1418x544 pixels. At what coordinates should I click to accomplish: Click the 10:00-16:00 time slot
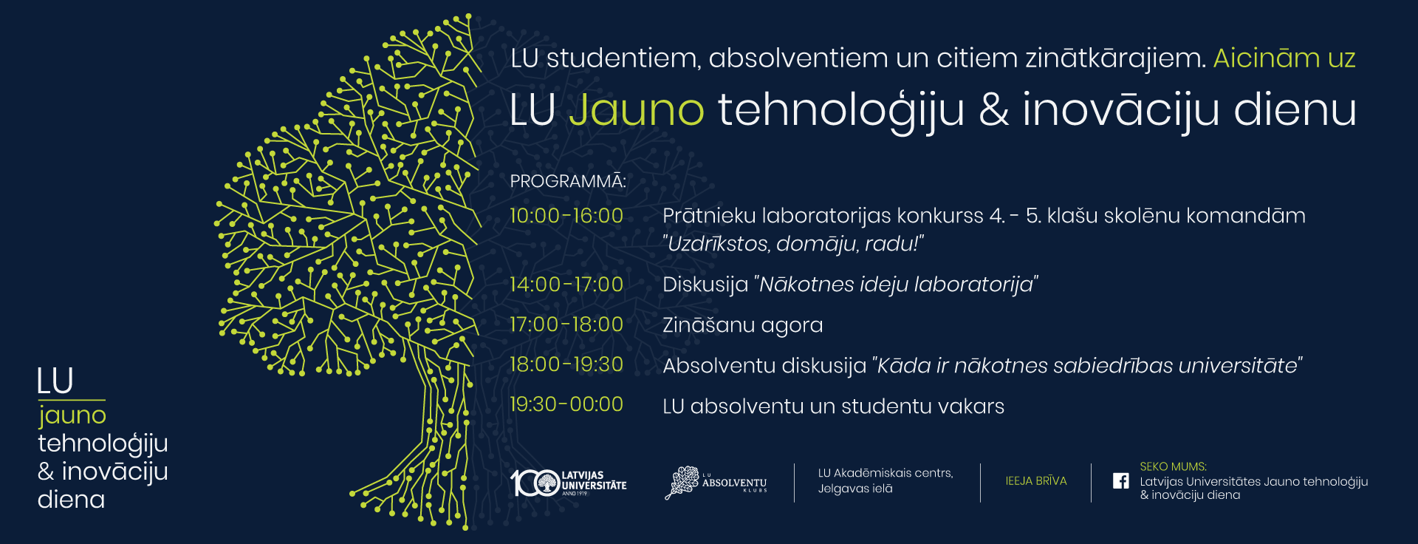click(566, 216)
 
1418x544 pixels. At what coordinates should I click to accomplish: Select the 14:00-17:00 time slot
click(566, 285)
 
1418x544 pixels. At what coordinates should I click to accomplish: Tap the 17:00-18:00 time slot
click(566, 324)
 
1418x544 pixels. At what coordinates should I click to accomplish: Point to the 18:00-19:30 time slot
click(566, 364)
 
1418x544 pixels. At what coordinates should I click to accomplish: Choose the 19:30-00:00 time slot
click(566, 404)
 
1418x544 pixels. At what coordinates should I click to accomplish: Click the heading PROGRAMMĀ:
click(568, 181)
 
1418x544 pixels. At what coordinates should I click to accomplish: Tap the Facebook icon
click(1120, 480)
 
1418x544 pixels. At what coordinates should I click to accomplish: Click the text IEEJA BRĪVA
click(1036, 481)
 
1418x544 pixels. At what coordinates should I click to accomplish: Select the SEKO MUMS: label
click(1173, 466)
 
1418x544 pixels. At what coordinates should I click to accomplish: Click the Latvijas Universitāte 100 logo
click(569, 483)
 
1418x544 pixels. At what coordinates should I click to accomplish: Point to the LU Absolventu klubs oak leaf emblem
click(683, 483)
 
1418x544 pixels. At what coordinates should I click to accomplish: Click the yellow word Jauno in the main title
click(637, 110)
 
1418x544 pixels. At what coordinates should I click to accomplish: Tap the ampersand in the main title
click(994, 110)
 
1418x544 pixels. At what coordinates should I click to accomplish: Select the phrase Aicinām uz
click(1284, 58)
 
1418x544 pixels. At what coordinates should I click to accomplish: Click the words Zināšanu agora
click(743, 325)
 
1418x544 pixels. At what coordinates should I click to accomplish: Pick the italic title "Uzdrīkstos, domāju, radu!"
click(793, 244)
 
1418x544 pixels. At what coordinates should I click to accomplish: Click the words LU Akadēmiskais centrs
click(886, 473)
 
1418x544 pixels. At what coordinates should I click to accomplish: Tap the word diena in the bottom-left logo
click(71, 500)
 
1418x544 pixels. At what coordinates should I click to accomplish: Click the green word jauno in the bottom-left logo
click(72, 416)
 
